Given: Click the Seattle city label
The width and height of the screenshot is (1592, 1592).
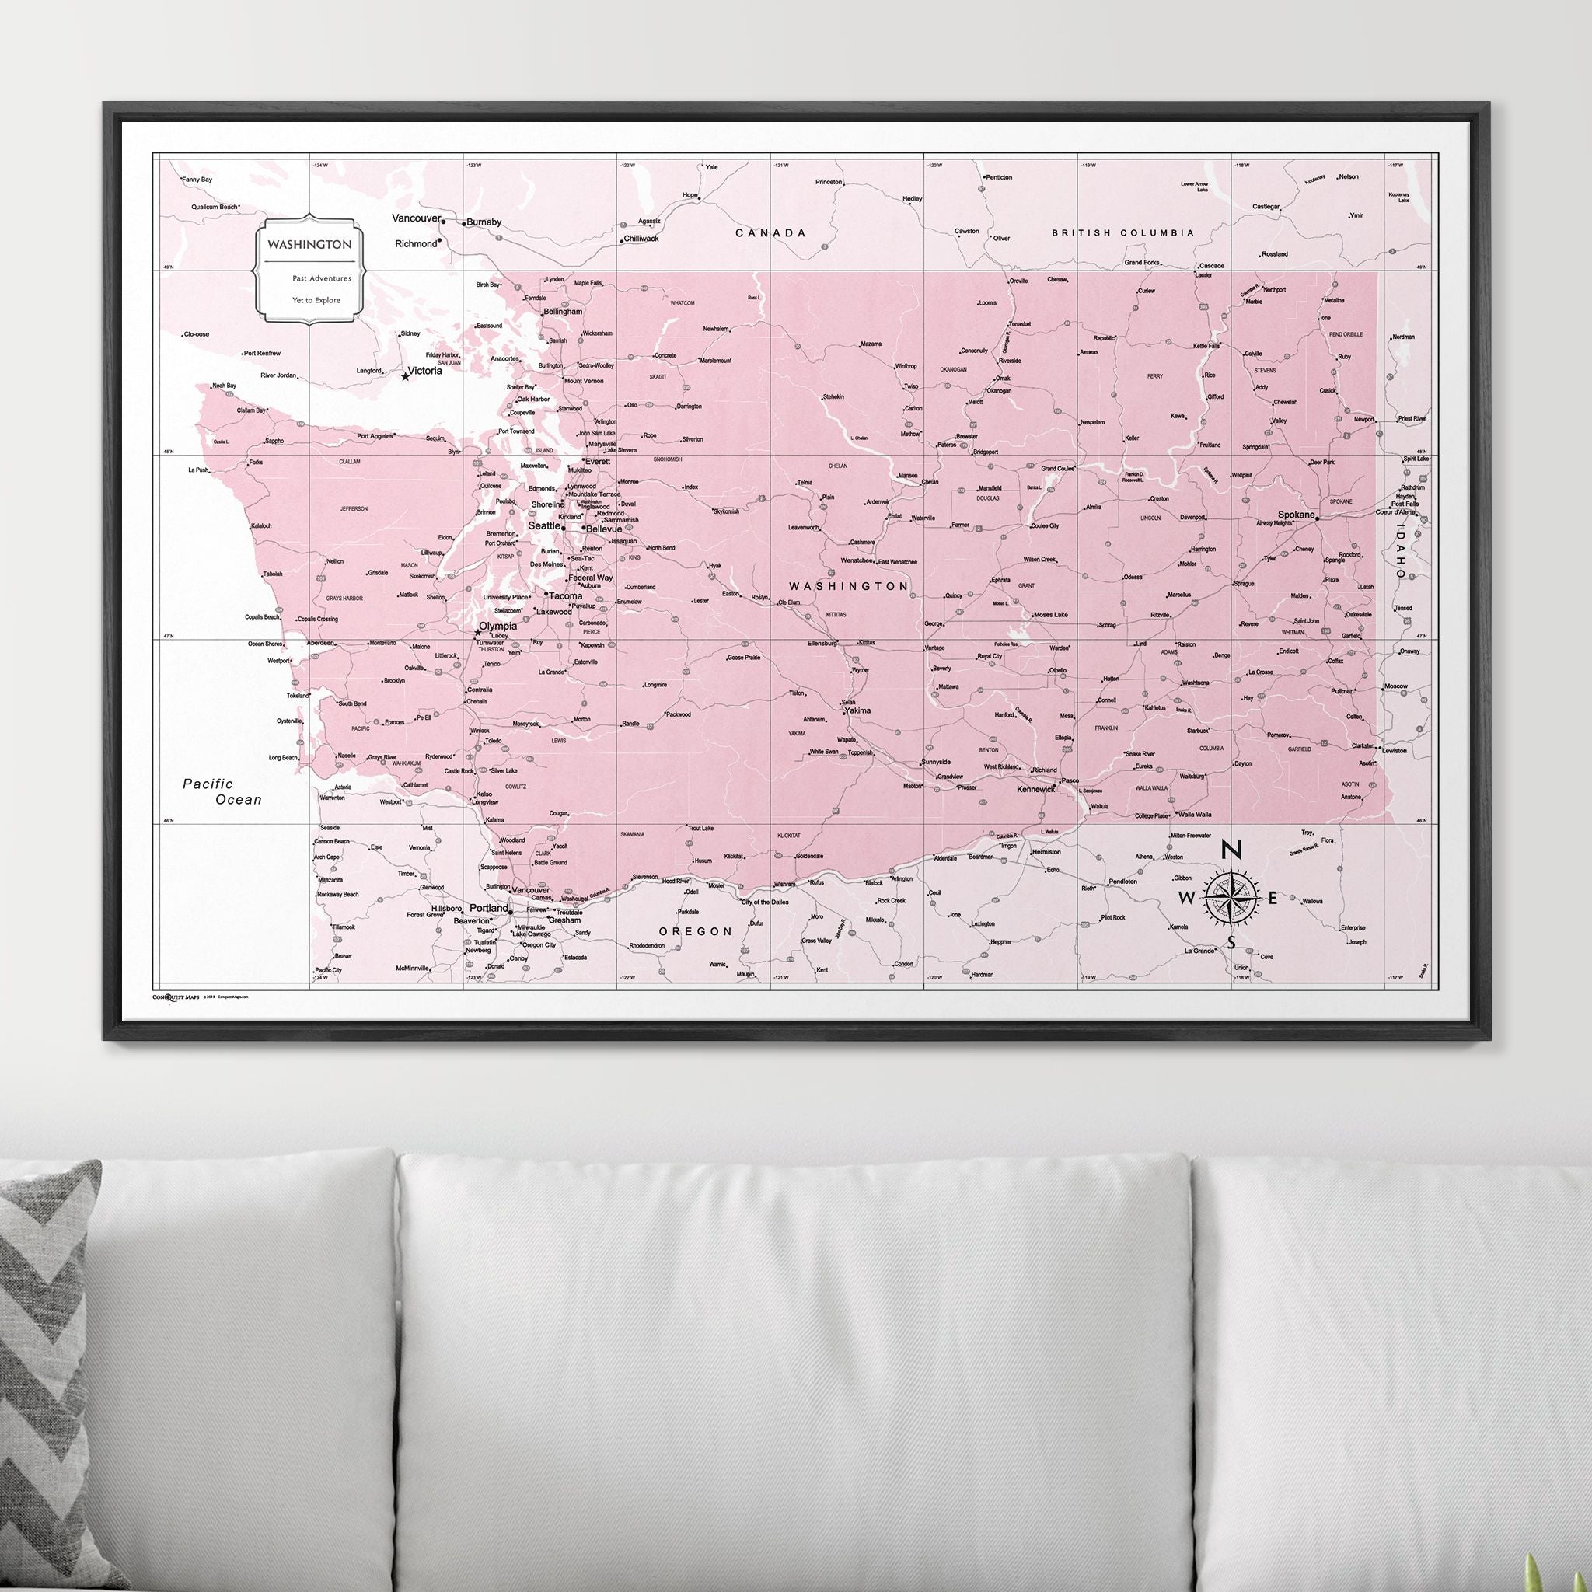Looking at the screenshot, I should point(543,525).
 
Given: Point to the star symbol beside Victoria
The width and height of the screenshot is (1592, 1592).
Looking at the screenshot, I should point(404,376).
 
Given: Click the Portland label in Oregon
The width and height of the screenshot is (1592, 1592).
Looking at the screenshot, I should point(489,908).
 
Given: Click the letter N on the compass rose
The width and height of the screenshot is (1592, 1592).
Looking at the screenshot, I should point(1231,849).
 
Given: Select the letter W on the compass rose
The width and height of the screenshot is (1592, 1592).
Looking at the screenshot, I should point(1186,898).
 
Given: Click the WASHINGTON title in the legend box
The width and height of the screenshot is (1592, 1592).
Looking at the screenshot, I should point(309,245).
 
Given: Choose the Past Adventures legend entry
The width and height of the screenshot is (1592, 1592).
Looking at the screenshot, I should point(321,278).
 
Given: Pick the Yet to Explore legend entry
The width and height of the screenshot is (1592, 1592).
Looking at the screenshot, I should point(316,300).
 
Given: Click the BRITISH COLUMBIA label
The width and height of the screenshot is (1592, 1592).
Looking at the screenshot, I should point(1122,233).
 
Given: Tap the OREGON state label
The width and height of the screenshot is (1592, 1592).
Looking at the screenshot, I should point(696,931).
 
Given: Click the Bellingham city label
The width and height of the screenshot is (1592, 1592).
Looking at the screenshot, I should point(562,312).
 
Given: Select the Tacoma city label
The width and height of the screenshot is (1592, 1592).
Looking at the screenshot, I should point(566,595).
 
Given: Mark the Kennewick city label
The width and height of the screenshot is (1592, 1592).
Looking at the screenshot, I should point(1037,790).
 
